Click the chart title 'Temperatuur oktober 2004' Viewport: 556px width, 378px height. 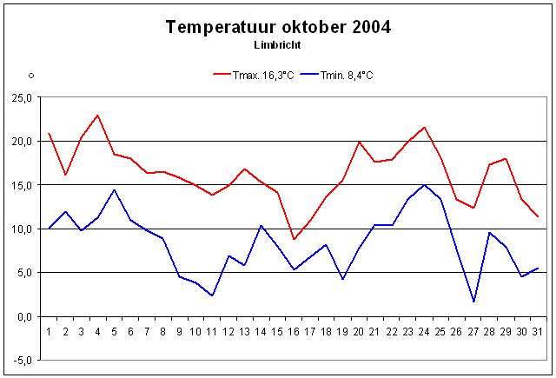pyautogui.click(x=278, y=27)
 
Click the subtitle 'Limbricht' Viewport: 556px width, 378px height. pyautogui.click(x=278, y=44)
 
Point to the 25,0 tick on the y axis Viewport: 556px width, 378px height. pyautogui.click(x=19, y=97)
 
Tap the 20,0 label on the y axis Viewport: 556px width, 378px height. pyautogui.click(x=19, y=141)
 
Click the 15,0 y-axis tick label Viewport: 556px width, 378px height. pyautogui.click(x=19, y=185)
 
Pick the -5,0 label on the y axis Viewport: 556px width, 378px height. pyautogui.click(x=20, y=360)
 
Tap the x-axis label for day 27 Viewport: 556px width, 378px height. pyautogui.click(x=473, y=331)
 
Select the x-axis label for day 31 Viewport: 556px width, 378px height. pyautogui.click(x=539, y=331)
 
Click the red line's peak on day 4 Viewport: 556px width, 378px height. pyautogui.click(x=98, y=116)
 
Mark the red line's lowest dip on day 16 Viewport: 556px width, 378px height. pyautogui.click(x=295, y=239)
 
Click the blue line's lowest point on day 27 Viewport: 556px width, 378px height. pyautogui.click(x=473, y=302)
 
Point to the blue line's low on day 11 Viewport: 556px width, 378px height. pyautogui.click(x=212, y=295)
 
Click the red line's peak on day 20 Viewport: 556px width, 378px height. pyautogui.click(x=359, y=142)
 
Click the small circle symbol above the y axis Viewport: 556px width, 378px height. pyautogui.click(x=30, y=76)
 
